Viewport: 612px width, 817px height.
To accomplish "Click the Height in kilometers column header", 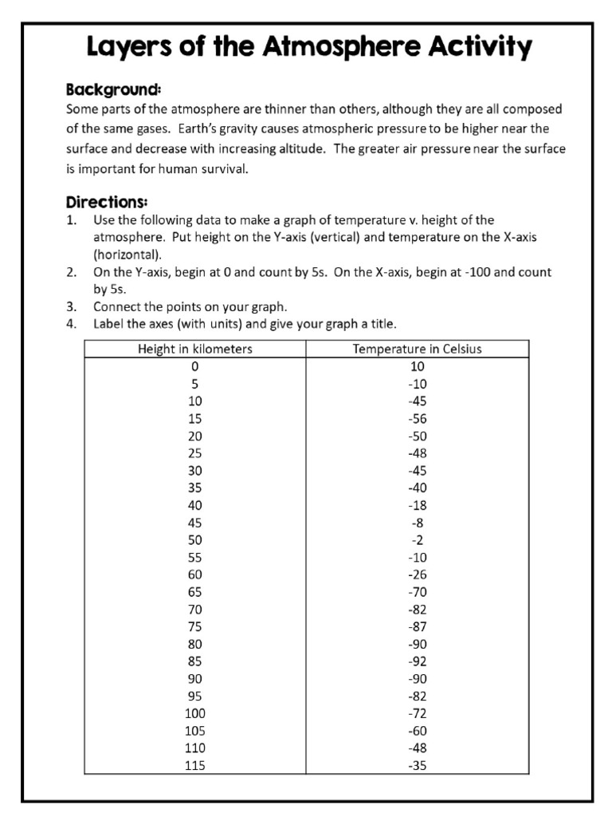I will point(195,349).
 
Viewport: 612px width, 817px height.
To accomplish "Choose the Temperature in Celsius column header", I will point(418,349).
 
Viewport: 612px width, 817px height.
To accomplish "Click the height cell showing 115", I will point(195,765).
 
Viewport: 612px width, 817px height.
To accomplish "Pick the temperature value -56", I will point(418,418).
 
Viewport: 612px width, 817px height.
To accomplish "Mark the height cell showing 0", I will point(195,366).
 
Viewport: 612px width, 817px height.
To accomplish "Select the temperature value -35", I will point(418,765).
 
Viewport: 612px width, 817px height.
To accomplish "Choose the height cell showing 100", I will point(195,713).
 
